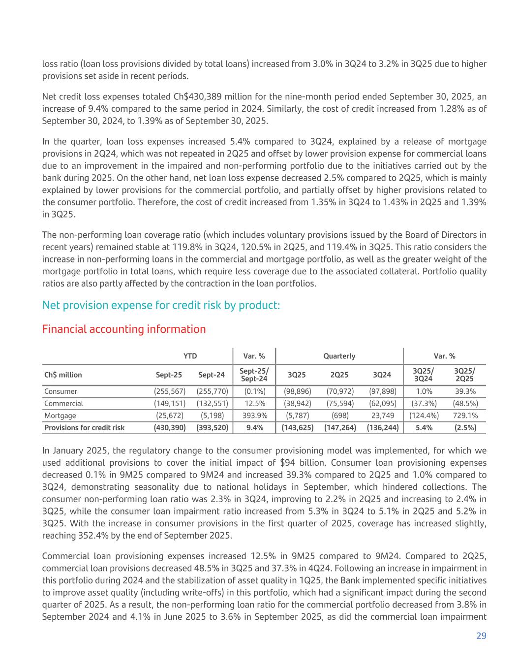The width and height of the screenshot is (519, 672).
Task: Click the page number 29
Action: click(481, 636)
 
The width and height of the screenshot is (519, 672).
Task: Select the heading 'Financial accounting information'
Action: click(124, 329)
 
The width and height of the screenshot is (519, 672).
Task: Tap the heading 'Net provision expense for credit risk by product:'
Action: click(161, 305)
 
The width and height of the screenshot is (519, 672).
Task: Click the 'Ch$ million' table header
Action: click(63, 375)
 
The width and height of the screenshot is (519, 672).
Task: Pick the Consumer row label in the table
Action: click(61, 391)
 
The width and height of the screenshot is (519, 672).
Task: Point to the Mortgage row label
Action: click(60, 416)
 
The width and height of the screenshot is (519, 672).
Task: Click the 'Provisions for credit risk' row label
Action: click(84, 427)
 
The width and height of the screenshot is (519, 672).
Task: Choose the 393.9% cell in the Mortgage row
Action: click(254, 416)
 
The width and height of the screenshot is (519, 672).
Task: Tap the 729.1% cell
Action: click(464, 416)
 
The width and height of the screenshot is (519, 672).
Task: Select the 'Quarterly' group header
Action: click(339, 356)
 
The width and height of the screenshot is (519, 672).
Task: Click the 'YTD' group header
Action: click(190, 356)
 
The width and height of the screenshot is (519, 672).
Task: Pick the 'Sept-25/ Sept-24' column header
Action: click(253, 375)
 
